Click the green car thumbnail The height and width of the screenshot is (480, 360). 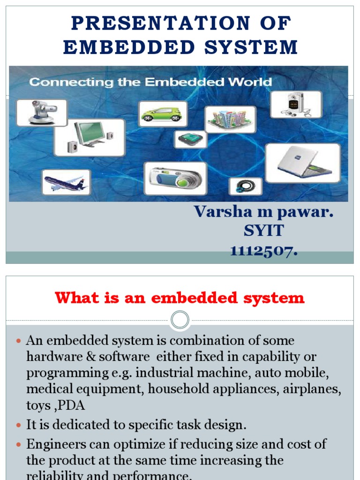click(x=163, y=114)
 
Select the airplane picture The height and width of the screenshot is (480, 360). click(x=66, y=182)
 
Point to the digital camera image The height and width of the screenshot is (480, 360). click(x=175, y=178)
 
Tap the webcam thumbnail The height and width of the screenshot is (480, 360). click(x=42, y=112)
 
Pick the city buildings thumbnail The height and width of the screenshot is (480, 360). click(x=230, y=119)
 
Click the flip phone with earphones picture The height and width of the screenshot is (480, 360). click(x=296, y=104)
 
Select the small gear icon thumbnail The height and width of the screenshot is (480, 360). click(x=245, y=186)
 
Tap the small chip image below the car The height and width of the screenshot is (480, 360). click(x=191, y=139)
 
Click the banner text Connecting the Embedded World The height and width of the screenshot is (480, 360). click(x=150, y=82)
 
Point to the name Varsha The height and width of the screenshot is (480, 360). click(x=220, y=212)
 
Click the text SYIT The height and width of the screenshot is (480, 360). click(x=263, y=231)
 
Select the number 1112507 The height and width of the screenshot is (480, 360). click(x=263, y=251)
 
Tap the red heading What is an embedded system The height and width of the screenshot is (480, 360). click(x=180, y=298)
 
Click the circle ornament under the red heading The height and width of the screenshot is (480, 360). click(x=180, y=321)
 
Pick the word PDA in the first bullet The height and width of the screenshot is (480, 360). click(x=68, y=405)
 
